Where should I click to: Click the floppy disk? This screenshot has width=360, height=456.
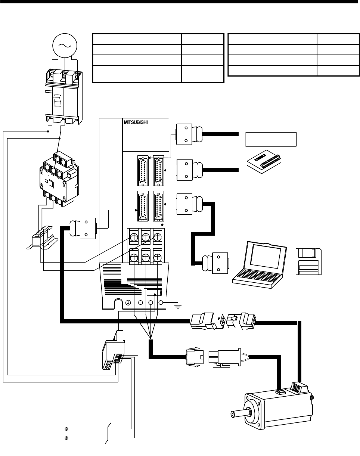point(308,262)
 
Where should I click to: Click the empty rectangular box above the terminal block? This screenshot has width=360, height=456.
point(271,139)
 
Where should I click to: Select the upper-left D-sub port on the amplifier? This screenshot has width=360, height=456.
point(142,171)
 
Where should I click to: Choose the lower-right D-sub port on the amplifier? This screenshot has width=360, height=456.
point(158,207)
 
